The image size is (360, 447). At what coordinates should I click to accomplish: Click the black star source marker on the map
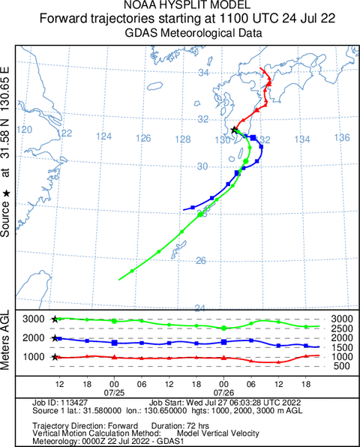pyautogui.click(x=234, y=130)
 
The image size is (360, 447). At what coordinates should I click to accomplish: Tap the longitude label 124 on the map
pyautogui.click(x=103, y=136)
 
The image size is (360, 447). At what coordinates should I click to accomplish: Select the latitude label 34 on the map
pyautogui.click(x=203, y=73)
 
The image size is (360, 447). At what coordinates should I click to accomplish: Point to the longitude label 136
pyautogui.click(x=342, y=138)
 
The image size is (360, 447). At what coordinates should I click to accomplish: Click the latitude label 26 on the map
pyautogui.click(x=201, y=260)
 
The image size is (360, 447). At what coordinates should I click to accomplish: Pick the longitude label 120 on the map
pyautogui.click(x=24, y=130)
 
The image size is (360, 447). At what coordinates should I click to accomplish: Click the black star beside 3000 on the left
pyautogui.click(x=55, y=319)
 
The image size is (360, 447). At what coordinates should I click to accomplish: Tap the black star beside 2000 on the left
pyautogui.click(x=55, y=338)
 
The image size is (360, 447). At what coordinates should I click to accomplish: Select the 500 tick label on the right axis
pyautogui.click(x=342, y=366)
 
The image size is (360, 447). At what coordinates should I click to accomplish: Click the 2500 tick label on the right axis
pyautogui.click(x=342, y=328)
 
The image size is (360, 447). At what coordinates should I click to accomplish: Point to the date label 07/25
pyautogui.click(x=114, y=393)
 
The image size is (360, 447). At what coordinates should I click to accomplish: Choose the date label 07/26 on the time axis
pyautogui.click(x=223, y=393)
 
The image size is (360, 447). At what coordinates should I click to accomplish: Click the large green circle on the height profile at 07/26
pyautogui.click(x=223, y=328)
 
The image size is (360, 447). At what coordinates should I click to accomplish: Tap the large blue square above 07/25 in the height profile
pyautogui.click(x=114, y=343)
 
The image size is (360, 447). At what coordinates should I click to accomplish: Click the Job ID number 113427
pyautogui.click(x=73, y=403)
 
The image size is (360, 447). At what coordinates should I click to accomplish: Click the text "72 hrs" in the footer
pyautogui.click(x=198, y=426)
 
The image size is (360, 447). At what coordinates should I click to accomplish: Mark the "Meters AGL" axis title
pyautogui.click(x=4, y=340)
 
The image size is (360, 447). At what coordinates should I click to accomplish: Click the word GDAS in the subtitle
pyautogui.click(x=141, y=33)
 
